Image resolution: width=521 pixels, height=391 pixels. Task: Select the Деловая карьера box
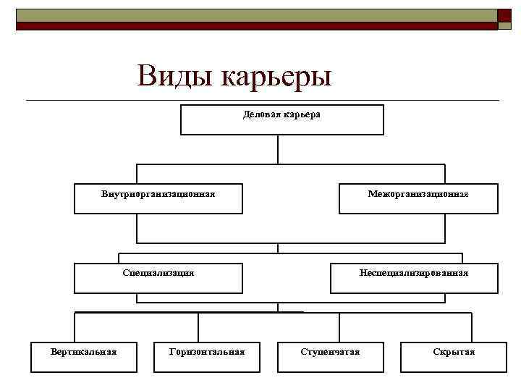tap(281, 120)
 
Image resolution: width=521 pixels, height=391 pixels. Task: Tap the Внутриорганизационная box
tap(158, 198)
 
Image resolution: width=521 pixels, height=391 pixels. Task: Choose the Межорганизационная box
tap(418, 198)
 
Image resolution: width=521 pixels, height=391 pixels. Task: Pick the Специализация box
tap(158, 278)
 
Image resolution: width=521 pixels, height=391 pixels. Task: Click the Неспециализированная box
tap(414, 278)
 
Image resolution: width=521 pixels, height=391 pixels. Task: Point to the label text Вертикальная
tap(83, 352)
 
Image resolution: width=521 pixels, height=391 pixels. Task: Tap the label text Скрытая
tap(454, 352)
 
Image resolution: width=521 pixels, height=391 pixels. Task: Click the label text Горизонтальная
tap(206, 352)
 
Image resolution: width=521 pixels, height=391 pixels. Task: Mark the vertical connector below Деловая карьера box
tap(278, 150)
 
